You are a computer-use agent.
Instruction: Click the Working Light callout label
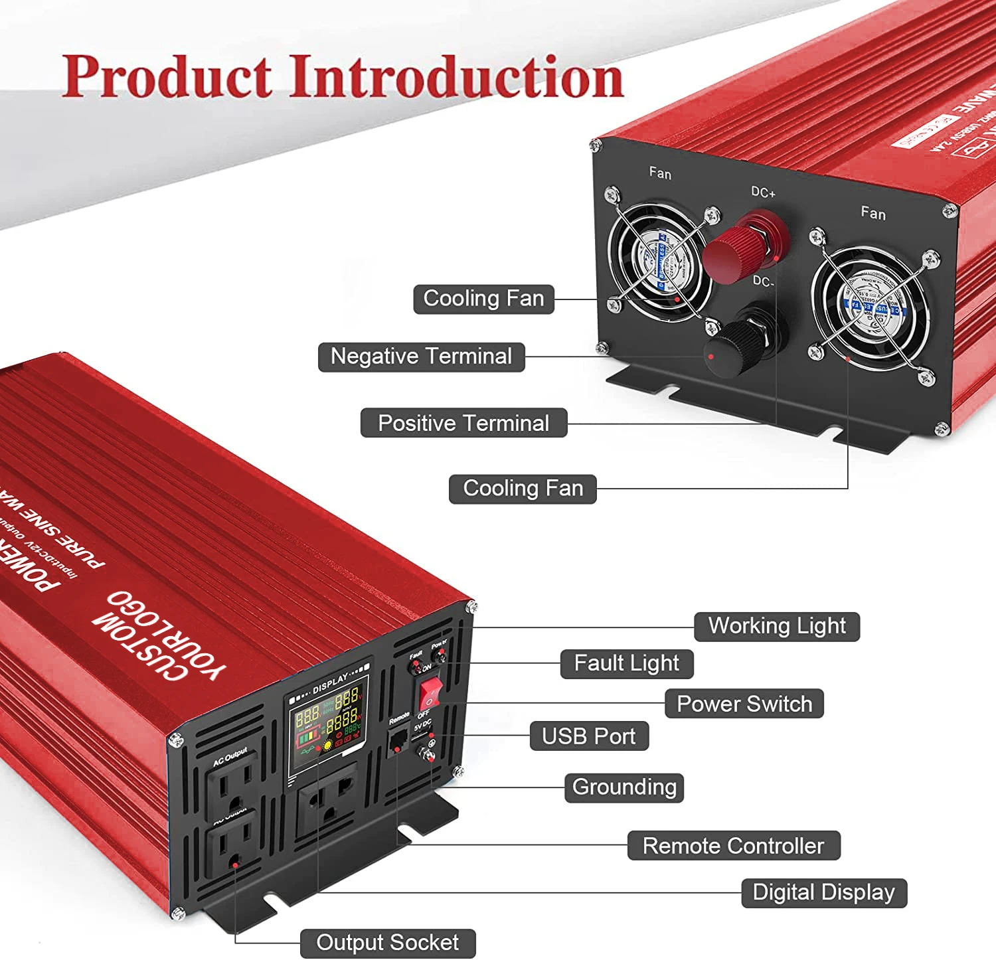[x=776, y=626]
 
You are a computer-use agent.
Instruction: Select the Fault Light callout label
[x=626, y=663]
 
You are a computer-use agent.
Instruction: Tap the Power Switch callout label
[x=744, y=704]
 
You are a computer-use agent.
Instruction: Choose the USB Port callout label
[x=588, y=736]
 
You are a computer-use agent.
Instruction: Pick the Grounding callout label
[x=623, y=787]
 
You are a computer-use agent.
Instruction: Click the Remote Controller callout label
[x=733, y=846]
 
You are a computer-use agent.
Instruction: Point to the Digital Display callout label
[x=823, y=892]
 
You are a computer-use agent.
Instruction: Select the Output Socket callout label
[x=387, y=943]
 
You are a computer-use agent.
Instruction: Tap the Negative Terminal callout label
[x=421, y=357]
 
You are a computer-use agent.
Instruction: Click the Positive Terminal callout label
[x=463, y=423]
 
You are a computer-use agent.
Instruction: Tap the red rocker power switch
[x=430, y=694]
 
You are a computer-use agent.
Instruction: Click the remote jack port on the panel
[x=398, y=742]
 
